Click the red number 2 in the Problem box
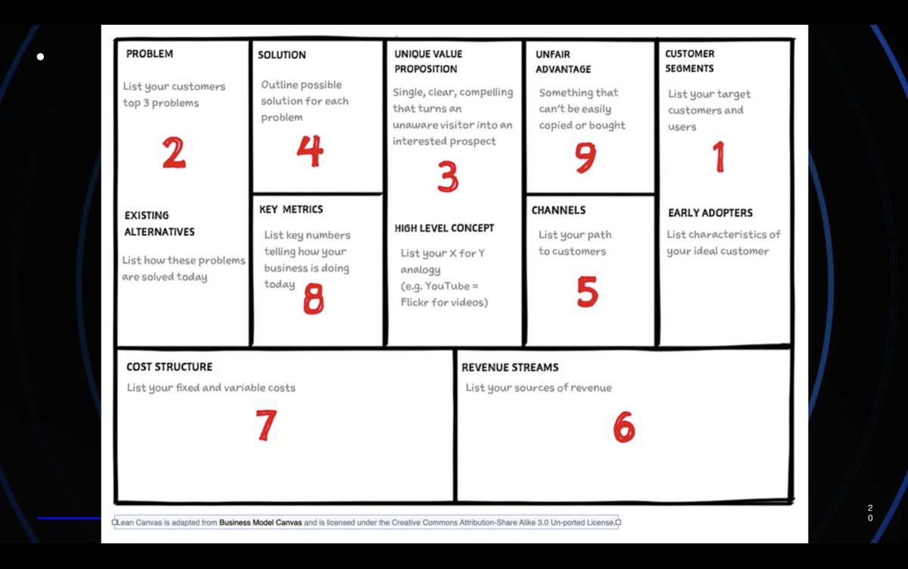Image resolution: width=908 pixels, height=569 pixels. tap(173, 152)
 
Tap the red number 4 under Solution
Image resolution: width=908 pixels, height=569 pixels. tap(309, 151)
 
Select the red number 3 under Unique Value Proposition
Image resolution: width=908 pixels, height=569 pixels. tap(448, 176)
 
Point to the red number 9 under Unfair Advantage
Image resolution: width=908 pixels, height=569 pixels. tap(585, 157)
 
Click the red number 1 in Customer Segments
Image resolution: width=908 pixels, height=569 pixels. tap(718, 157)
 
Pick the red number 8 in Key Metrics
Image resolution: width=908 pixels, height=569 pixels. tap(313, 298)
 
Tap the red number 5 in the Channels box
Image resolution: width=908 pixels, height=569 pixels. tap(587, 292)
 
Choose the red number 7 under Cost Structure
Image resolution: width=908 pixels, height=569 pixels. tap(266, 425)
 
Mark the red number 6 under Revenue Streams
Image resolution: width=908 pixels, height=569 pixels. tap(623, 428)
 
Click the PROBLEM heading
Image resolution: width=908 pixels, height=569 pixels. tap(150, 54)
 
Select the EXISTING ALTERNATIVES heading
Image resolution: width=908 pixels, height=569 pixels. tap(159, 223)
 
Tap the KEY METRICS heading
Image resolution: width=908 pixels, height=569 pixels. tap(291, 210)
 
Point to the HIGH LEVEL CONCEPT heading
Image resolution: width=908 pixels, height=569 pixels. tap(444, 228)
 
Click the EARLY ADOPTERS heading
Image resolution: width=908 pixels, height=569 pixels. tap(711, 213)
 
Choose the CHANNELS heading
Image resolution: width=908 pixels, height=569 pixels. tap(558, 210)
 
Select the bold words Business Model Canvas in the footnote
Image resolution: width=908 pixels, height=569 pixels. tap(260, 522)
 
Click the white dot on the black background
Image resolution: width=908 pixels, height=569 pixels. tap(40, 57)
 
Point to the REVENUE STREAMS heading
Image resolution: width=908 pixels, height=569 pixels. tap(510, 367)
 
